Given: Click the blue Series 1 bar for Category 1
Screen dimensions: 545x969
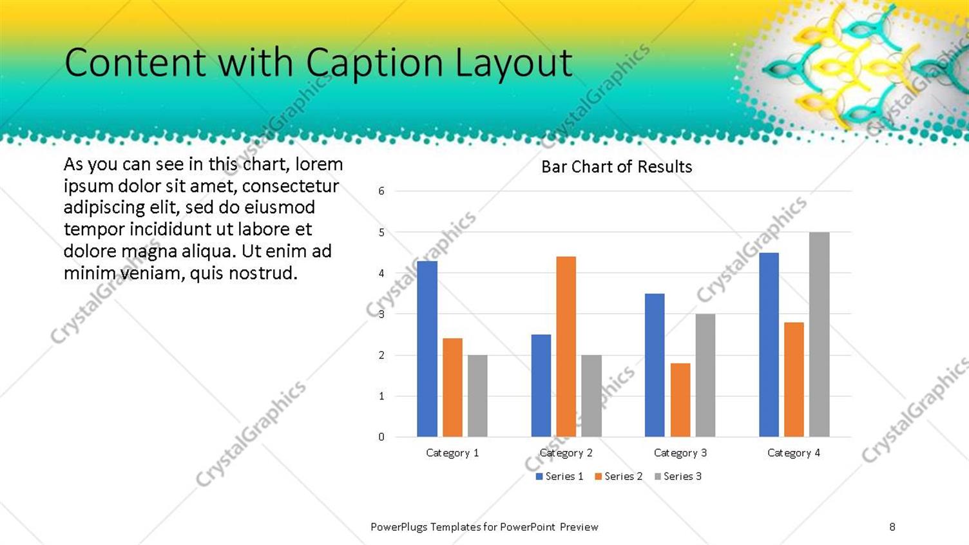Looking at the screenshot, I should coord(427,349).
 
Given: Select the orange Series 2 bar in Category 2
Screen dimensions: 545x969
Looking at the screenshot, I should coord(566,347).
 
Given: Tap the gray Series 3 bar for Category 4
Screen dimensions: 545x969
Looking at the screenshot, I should coord(819,334).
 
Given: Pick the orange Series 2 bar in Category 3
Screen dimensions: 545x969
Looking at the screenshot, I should coord(680,400).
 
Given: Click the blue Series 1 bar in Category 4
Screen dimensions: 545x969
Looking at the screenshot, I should coord(769,345).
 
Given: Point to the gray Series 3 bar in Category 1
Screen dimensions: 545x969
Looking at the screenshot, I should coord(477,396).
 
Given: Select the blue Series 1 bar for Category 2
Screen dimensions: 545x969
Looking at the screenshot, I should coord(541,385).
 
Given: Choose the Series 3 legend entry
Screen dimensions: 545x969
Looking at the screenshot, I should coord(678,476).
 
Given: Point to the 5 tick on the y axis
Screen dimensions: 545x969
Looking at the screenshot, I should coord(381,233).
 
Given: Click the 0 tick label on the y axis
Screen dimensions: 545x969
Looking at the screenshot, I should coord(381,437).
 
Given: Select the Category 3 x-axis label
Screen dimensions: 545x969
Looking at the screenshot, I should coord(680,453).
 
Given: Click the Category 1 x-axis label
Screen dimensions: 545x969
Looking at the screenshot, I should coord(452,453).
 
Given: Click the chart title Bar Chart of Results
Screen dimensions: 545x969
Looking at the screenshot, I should coord(617,167).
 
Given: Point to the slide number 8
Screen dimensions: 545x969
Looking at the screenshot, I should coord(892,527).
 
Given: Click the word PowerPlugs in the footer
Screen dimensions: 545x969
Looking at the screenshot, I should coord(399,527).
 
